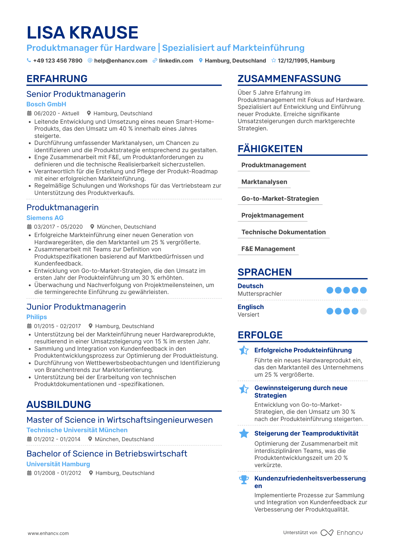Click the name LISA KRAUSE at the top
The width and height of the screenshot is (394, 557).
82,33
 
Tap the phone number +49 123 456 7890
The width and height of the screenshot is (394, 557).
58,61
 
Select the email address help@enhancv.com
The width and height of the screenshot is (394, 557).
120,61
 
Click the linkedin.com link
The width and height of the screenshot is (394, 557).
176,61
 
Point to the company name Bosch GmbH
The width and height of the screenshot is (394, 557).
46,104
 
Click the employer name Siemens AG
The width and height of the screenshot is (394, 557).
45,218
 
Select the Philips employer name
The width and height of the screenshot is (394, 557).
37,317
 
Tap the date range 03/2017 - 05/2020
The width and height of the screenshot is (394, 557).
58,227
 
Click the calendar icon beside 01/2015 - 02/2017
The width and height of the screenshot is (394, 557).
29,326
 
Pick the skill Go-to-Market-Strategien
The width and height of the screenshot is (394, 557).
280,199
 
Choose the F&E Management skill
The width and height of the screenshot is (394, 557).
268,249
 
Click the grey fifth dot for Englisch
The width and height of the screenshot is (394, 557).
363,311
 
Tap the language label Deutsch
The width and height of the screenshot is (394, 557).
250,286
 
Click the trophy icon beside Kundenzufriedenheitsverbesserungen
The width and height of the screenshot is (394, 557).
244,480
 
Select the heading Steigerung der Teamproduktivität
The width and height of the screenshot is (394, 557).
306,433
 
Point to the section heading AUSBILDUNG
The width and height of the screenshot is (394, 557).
59,404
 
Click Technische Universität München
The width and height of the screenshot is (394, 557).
77,430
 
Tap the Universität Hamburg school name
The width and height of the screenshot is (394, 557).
58,464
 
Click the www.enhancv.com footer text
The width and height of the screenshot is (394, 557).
48,533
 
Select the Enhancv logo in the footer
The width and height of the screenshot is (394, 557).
342,533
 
